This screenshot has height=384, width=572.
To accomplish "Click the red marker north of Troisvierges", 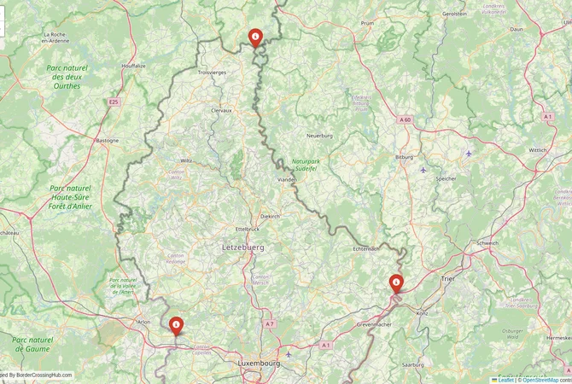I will pyautogui.click(x=254, y=37).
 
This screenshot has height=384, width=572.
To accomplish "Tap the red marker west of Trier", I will pyautogui.click(x=396, y=282).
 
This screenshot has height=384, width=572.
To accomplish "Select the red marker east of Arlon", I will pyautogui.click(x=176, y=325).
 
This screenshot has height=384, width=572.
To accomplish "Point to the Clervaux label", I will pyautogui.click(x=222, y=110).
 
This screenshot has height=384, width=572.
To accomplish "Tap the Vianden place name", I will pyautogui.click(x=288, y=180).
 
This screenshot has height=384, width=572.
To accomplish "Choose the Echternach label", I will pyautogui.click(x=365, y=248).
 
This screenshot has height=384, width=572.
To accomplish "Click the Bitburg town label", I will pyautogui.click(x=404, y=157).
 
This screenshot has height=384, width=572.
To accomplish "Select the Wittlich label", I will pyautogui.click(x=538, y=149).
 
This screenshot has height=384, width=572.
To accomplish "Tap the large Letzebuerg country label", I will pyautogui.click(x=244, y=247).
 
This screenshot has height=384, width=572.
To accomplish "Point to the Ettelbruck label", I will pyautogui.click(x=247, y=229).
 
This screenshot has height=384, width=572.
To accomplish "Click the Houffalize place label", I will pyautogui.click(x=134, y=66).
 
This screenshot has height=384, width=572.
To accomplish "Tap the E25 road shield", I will pyautogui.click(x=114, y=102).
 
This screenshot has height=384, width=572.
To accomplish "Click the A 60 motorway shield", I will pyautogui.click(x=405, y=120).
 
